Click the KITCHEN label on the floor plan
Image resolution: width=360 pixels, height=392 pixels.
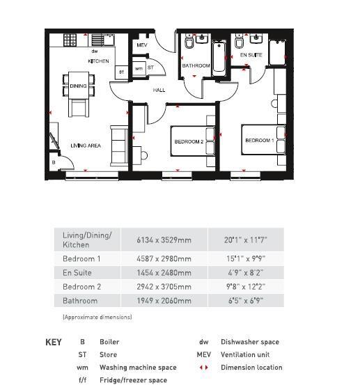(x=98, y=61)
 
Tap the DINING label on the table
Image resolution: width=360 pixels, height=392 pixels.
(x=78, y=86)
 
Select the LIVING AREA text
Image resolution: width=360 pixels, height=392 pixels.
(x=86, y=146)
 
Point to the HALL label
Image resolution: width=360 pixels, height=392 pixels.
(x=159, y=90)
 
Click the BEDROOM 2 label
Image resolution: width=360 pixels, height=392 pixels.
(x=188, y=141)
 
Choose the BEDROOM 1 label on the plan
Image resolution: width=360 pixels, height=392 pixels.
(x=259, y=141)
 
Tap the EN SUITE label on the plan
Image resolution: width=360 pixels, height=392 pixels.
(x=251, y=54)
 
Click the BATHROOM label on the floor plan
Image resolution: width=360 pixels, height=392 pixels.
(x=196, y=65)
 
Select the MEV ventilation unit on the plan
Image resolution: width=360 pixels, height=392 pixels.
(x=142, y=45)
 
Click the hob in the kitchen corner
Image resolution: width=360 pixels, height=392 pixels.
(x=70, y=40)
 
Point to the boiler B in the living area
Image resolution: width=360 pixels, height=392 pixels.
(x=54, y=162)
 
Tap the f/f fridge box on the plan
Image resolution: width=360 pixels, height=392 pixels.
(x=120, y=71)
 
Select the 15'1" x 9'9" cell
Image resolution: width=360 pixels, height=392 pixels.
(x=245, y=258)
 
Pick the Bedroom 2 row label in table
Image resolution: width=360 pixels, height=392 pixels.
(x=81, y=287)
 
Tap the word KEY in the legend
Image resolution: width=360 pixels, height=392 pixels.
(x=54, y=342)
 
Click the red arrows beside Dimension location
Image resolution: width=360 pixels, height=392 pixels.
(x=204, y=368)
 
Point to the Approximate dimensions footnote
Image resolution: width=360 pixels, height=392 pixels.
(x=97, y=317)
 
